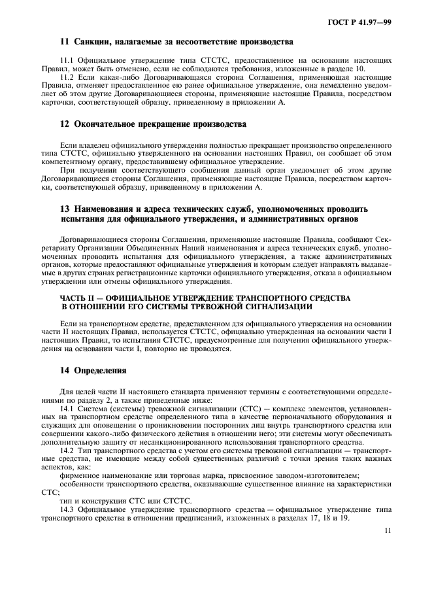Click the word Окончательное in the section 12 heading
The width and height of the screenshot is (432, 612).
click(114, 124)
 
